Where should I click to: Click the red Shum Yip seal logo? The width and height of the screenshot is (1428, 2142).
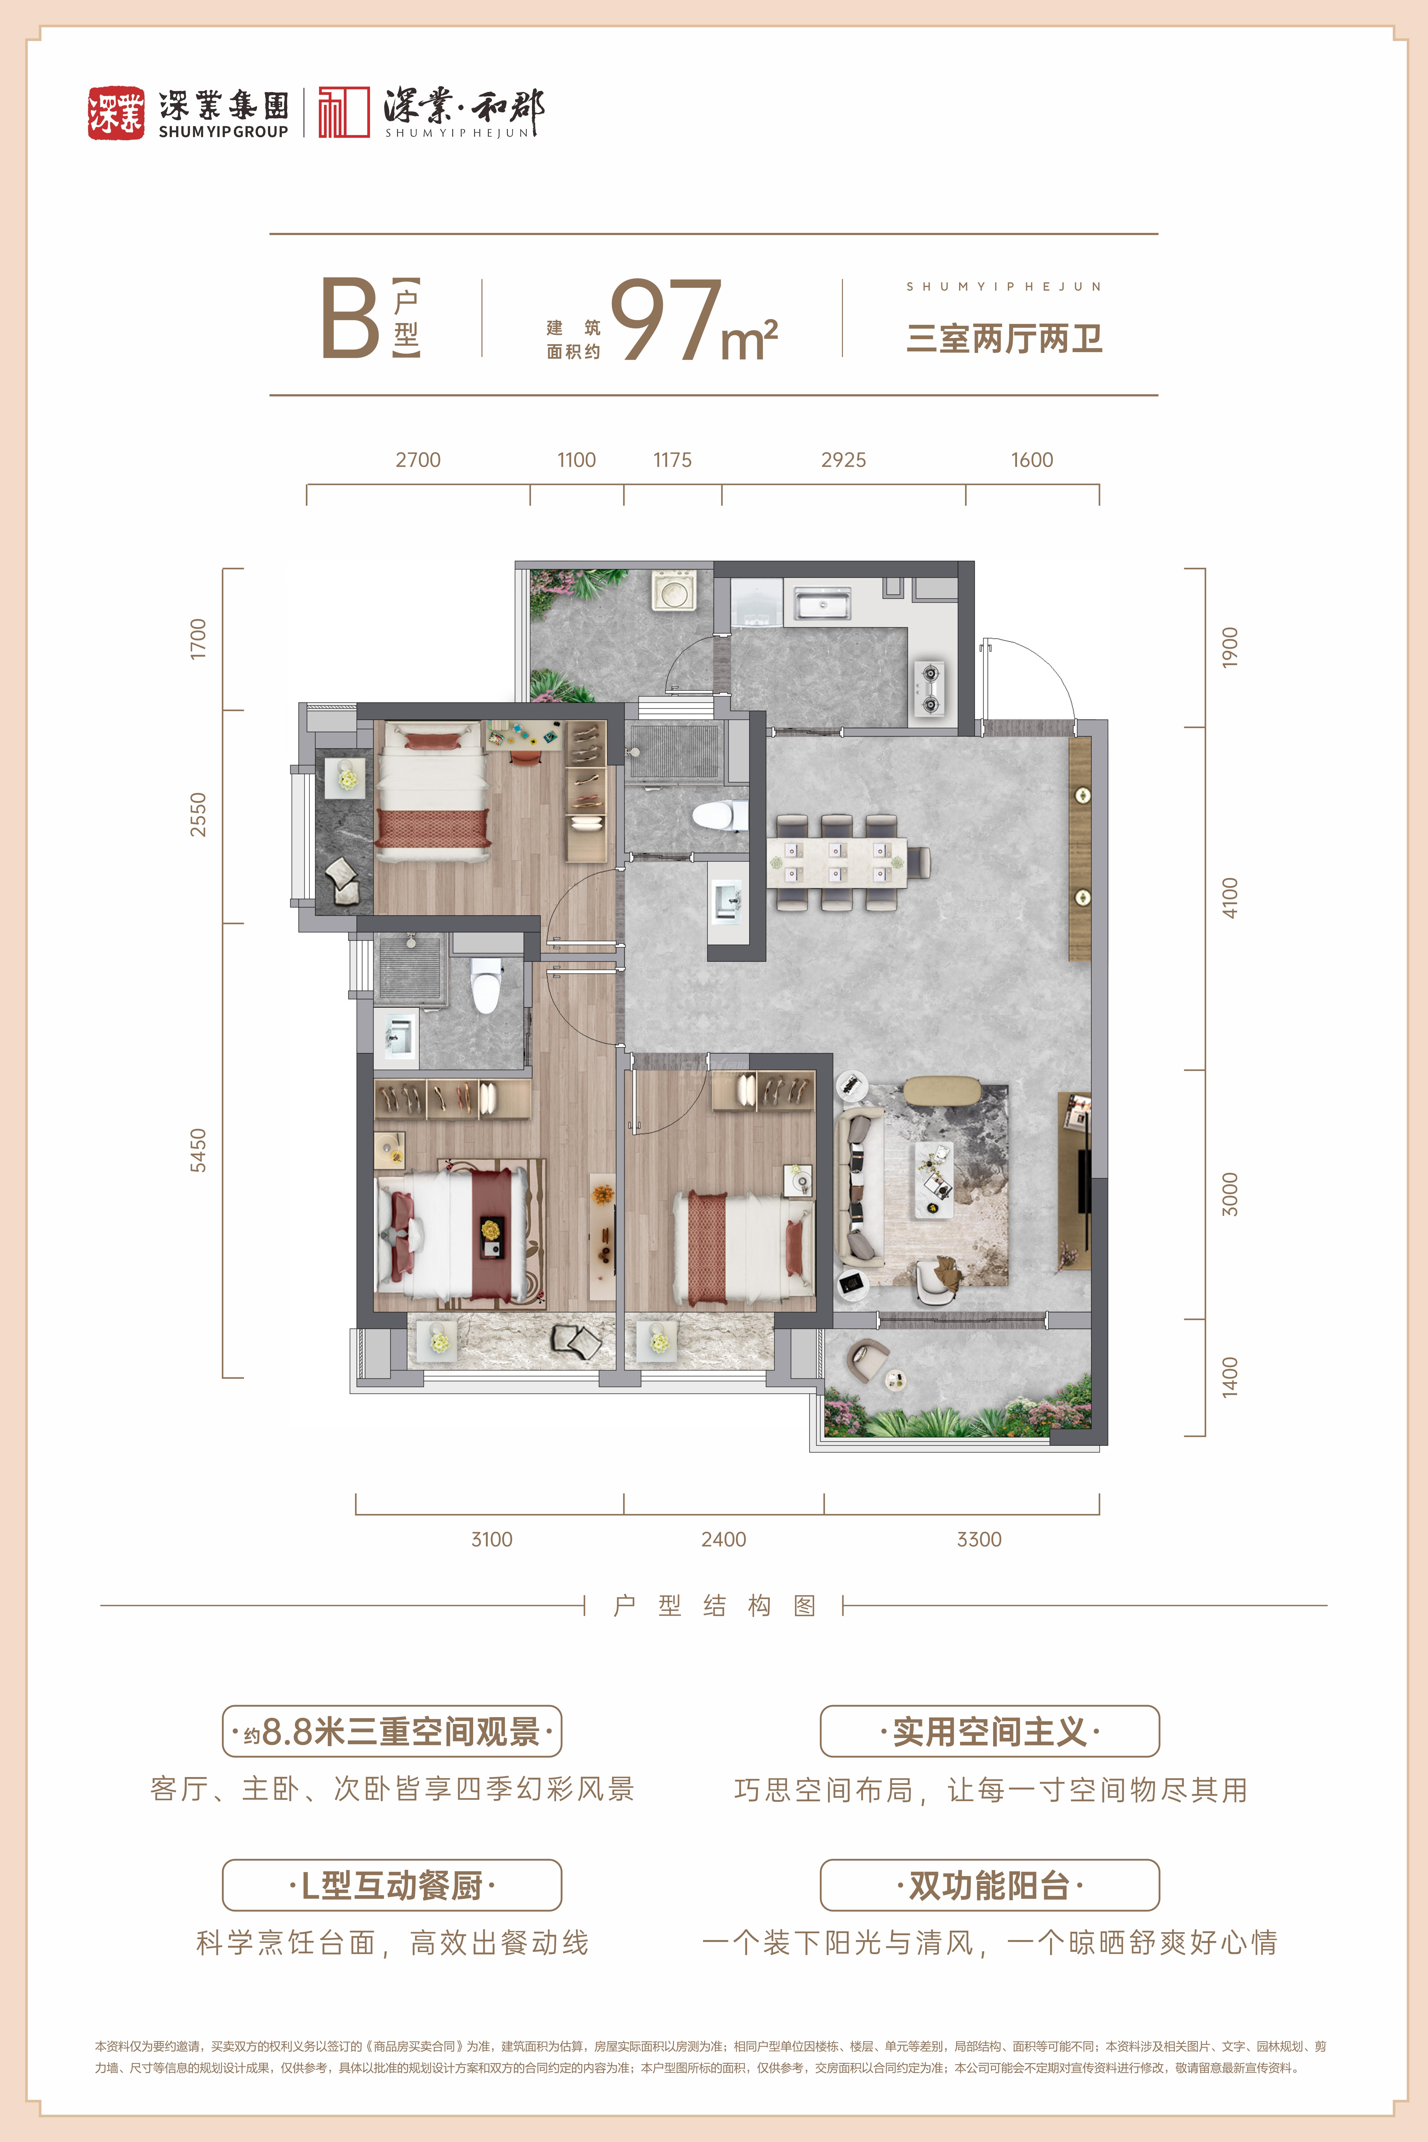[116, 113]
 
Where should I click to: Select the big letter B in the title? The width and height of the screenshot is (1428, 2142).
[350, 318]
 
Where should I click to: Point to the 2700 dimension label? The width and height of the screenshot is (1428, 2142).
[418, 460]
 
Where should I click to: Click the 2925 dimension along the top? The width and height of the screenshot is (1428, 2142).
[843, 460]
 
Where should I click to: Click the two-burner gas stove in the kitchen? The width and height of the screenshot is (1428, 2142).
[930, 688]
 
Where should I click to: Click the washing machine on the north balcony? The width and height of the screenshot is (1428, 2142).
[674, 590]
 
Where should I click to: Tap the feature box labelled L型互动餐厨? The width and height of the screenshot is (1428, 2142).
[392, 1884]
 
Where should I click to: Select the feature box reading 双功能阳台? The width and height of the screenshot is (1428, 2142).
[990, 1884]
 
